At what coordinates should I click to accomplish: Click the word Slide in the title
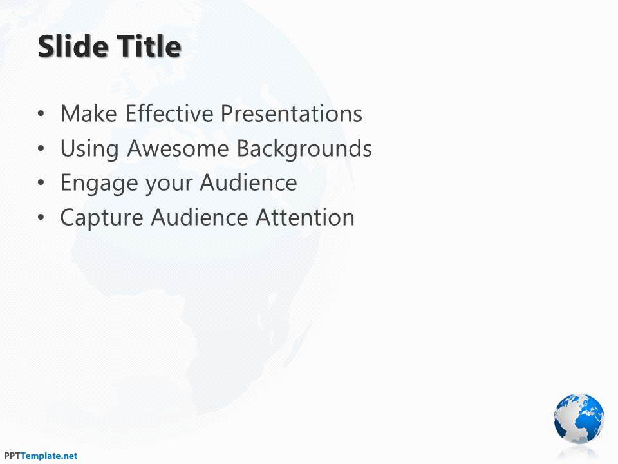coord(73,46)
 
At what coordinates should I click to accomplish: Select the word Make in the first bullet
coord(89,113)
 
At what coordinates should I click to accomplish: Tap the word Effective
coord(169,113)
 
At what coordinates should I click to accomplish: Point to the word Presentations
coord(291,113)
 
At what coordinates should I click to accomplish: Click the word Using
coord(89,150)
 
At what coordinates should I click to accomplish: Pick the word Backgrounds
coord(304,149)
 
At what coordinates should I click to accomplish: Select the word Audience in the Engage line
coord(248,182)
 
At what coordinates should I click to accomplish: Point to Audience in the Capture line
coord(200,217)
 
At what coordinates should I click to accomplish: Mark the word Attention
coord(305,217)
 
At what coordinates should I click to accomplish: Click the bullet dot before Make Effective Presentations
coord(41,114)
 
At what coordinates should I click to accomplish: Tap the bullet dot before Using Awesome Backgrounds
coord(41,149)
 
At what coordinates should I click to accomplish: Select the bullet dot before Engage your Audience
coord(41,183)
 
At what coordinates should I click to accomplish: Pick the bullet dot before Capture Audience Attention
coord(41,218)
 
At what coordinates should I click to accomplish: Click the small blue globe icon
coord(579,418)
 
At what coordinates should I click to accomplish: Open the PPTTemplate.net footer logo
coord(41,456)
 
